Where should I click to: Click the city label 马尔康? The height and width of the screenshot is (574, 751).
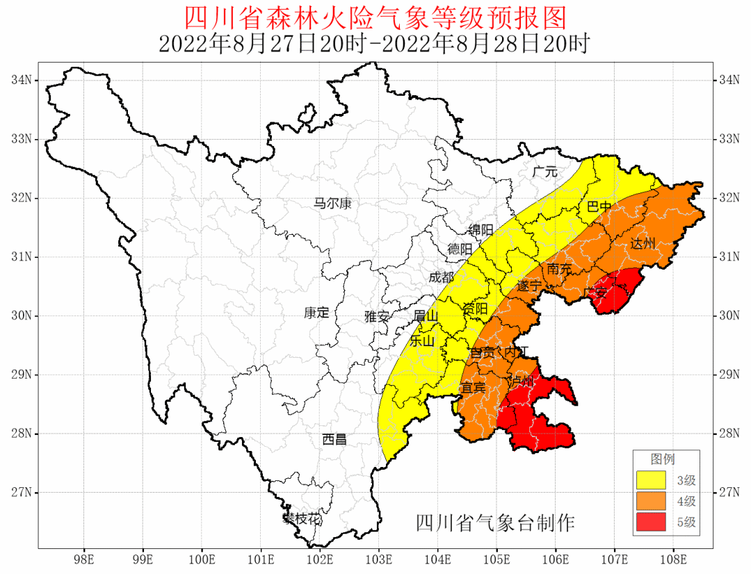332,204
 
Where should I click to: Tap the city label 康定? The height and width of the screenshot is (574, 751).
316,313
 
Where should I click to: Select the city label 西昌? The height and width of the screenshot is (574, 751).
334,439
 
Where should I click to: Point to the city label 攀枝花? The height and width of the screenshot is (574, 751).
302,518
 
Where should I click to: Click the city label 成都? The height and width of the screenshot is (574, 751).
441,277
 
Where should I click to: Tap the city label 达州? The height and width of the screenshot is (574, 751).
643,244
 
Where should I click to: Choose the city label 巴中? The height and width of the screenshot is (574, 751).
599,206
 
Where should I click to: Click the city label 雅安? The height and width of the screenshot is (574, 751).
377,316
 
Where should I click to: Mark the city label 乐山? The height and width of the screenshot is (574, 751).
421,341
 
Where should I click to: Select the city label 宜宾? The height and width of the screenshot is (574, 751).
473,388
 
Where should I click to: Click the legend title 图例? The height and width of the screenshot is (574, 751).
663,459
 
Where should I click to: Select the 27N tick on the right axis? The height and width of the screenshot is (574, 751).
729,493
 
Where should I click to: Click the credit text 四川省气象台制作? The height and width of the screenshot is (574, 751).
495,523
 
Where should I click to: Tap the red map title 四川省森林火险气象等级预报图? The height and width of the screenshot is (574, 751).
375,15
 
